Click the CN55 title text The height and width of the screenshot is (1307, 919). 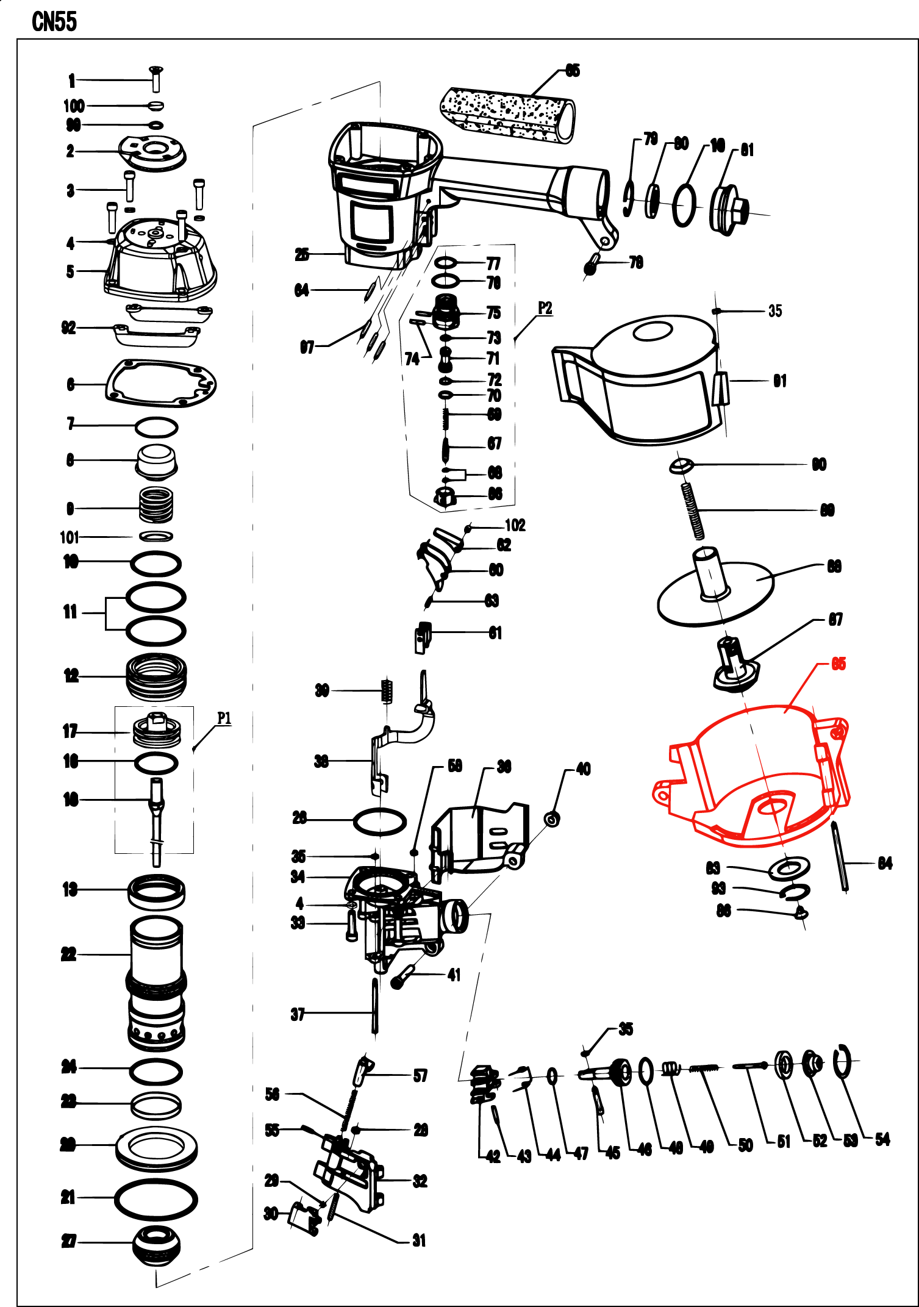pos(54,22)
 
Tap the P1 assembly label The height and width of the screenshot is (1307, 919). pos(224,718)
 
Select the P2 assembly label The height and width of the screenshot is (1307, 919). pos(545,308)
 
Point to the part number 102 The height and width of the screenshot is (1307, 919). pos(515,525)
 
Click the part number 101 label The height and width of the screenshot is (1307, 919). pos(70,537)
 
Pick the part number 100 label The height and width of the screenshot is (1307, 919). pos(74,106)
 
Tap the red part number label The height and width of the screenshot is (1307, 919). pos(839,664)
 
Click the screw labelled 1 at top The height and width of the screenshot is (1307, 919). pos(156,79)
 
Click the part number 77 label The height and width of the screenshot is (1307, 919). pos(493,263)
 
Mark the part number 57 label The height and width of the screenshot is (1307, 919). pos(420,1076)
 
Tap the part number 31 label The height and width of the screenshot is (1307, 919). pos(419,1241)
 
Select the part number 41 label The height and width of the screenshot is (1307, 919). pos(454,975)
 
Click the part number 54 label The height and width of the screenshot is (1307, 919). pos(882,1139)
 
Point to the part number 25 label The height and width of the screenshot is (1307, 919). pos(302,254)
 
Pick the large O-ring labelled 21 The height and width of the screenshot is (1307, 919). pos(156,1198)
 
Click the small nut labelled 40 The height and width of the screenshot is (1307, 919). pos(552,819)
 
